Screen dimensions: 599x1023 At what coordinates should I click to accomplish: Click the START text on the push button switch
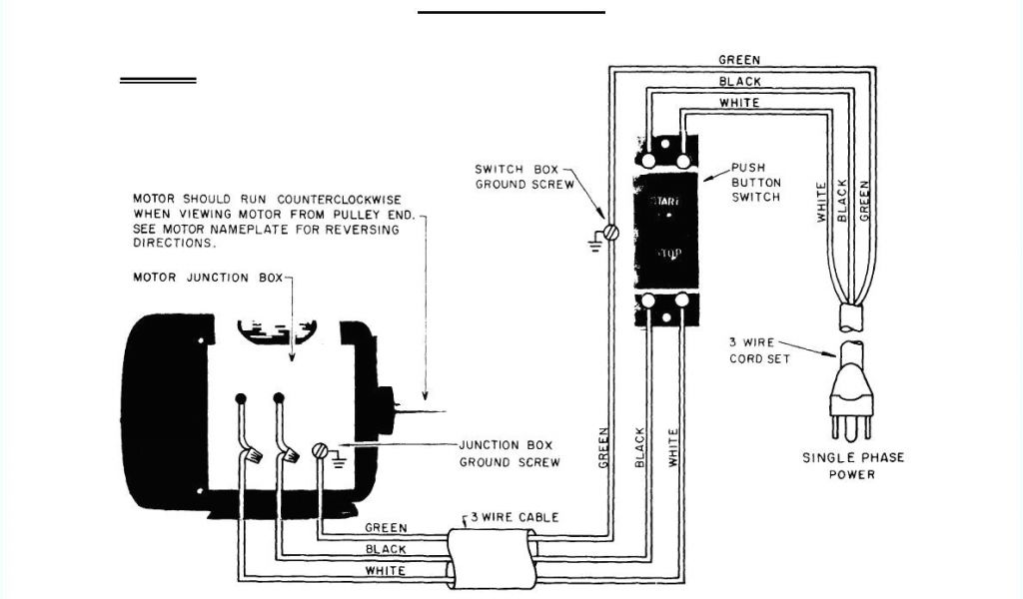click(665, 201)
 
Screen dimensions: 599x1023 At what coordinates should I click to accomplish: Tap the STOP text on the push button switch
click(667, 256)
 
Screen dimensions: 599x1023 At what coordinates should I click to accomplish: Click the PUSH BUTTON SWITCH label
click(756, 183)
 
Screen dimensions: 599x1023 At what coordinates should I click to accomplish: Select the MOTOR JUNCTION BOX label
click(208, 278)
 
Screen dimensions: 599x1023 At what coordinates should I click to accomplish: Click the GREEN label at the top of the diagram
click(739, 60)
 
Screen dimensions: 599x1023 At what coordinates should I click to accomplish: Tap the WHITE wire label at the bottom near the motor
click(386, 571)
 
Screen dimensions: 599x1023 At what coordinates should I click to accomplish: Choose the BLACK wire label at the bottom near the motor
click(386, 549)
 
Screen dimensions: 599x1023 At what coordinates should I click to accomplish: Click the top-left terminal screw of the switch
click(648, 159)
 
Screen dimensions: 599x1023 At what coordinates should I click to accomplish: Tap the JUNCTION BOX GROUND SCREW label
click(509, 453)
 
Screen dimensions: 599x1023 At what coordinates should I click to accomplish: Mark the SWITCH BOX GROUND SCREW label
click(523, 177)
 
